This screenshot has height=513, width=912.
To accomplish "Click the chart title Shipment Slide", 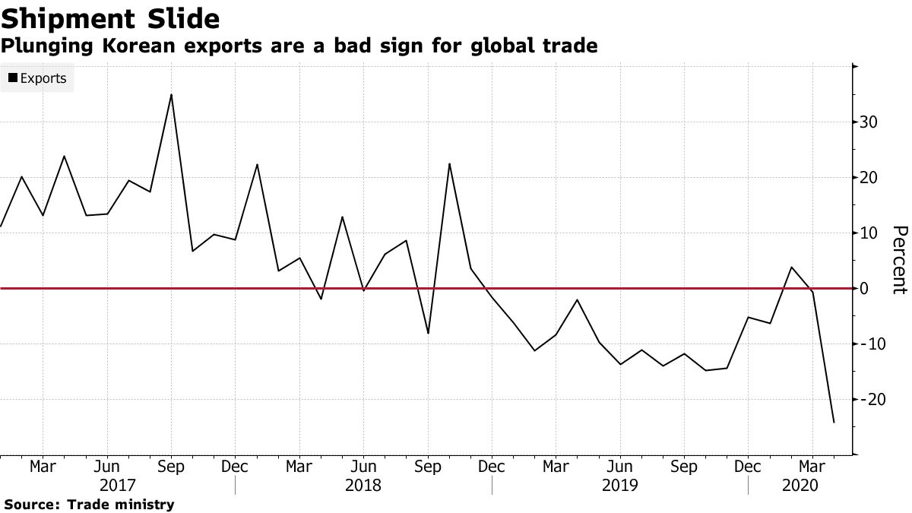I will point(111,17).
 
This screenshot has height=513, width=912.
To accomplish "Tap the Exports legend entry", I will point(37,78).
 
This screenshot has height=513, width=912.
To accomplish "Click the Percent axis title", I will point(899,260).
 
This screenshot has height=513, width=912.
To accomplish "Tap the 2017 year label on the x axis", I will point(118,485).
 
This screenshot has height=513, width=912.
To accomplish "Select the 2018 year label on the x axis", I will point(363,485).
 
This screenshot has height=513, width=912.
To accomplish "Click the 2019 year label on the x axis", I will point(620,485).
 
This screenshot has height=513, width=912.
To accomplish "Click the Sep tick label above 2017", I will point(172,467).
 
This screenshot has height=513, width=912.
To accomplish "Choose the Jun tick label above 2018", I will point(364,467).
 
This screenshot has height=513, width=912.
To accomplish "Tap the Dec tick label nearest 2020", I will point(749,467).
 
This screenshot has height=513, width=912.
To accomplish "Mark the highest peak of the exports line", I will point(171,95).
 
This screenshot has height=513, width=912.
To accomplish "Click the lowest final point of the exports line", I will point(834,423).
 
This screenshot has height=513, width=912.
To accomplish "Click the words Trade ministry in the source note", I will point(121,505).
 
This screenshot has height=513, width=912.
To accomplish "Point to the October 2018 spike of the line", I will point(450,164).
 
